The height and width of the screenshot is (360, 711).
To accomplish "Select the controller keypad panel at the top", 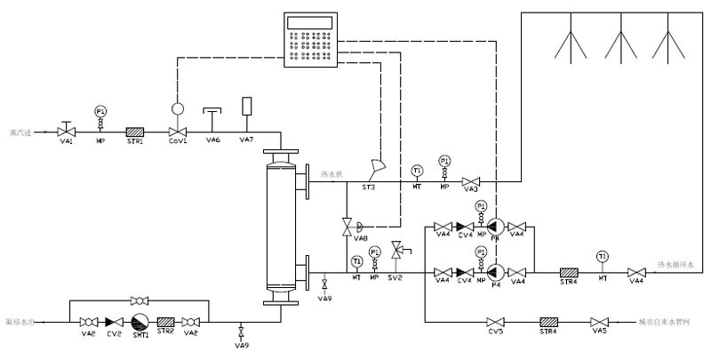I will [x=312, y=41].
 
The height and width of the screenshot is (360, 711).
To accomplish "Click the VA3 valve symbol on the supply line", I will [x=473, y=180].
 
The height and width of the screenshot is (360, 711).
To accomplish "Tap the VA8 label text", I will [x=360, y=239].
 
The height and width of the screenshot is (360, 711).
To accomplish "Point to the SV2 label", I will [x=396, y=278].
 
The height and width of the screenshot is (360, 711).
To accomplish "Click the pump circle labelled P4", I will [x=495, y=270].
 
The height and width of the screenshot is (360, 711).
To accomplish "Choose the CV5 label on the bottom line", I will [x=496, y=332].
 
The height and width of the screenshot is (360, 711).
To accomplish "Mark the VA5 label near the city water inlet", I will [x=601, y=332].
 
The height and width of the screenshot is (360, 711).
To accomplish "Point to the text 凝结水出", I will [x=20, y=321].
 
